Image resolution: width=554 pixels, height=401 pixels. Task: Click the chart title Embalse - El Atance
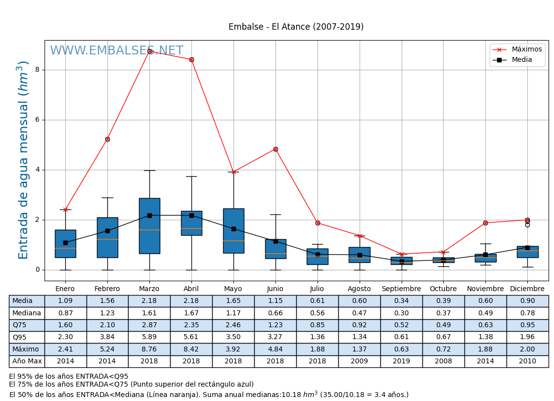click(x=296, y=27)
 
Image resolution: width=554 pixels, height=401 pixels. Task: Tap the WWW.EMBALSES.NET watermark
click(x=116, y=51)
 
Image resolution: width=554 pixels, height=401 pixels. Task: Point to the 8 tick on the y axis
click(x=37, y=70)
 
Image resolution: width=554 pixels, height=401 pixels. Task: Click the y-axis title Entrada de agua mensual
click(x=23, y=159)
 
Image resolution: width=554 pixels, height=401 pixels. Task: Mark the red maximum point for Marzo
click(x=149, y=51)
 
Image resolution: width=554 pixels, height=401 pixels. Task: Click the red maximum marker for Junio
click(x=276, y=149)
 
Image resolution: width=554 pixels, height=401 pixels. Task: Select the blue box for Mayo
click(x=233, y=231)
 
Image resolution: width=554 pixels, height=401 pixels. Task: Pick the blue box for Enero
click(x=65, y=244)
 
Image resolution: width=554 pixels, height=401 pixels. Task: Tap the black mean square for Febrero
click(x=107, y=231)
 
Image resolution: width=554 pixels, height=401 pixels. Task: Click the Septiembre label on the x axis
click(x=401, y=289)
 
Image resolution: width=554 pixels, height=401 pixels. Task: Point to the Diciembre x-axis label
click(x=527, y=289)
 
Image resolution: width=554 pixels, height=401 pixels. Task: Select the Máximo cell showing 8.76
click(x=149, y=350)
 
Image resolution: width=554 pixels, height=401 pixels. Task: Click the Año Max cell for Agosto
click(x=359, y=361)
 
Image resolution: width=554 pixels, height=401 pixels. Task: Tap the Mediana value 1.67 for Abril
click(x=191, y=313)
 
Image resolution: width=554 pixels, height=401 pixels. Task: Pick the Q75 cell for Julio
click(x=317, y=325)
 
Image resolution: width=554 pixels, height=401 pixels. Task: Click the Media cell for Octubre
click(x=443, y=301)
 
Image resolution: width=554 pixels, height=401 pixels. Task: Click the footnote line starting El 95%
click(x=69, y=377)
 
